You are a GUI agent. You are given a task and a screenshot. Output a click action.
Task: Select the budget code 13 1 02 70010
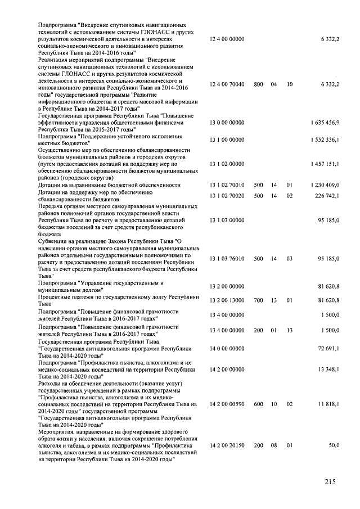pyautogui.click(x=227, y=184)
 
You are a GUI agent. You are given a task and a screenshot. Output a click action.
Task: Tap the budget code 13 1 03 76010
pyautogui.click(x=227, y=259)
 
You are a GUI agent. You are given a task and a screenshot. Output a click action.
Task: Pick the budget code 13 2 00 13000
pyautogui.click(x=227, y=300)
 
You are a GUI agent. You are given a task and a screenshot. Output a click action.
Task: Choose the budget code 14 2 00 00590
pyautogui.click(x=227, y=404)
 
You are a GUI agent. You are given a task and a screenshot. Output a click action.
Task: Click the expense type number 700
pyautogui.click(x=258, y=300)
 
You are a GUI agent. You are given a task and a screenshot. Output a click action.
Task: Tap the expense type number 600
pyautogui.click(x=258, y=404)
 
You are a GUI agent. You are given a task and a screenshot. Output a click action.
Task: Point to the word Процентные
pyautogui.click(x=55, y=296)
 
